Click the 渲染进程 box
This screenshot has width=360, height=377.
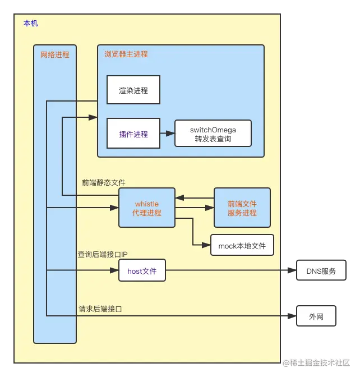coord(133,90)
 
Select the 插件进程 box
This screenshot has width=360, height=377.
coord(133,134)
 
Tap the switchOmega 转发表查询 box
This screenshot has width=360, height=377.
coord(213,134)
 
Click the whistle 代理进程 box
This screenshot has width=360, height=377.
coord(147,208)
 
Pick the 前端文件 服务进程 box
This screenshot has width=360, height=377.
coord(242,208)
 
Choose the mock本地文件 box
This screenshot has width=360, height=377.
coord(242,245)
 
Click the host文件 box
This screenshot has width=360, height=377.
coord(142,271)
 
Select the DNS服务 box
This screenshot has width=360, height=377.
coord(321,271)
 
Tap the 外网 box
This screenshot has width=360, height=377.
coord(316,316)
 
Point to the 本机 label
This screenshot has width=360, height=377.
coord(30,24)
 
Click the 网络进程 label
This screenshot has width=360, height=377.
coord(55,54)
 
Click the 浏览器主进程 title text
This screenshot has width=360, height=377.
coord(126,54)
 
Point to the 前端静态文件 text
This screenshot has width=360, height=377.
coord(104,182)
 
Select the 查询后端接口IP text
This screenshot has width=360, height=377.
coord(103,254)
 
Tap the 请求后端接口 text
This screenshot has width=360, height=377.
coord(100,309)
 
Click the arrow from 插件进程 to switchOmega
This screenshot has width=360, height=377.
coord(167,134)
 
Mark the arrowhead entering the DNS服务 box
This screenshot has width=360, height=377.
coord(291,271)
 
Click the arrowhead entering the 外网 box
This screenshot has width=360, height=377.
coord(291,316)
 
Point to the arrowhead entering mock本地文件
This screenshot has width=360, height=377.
coord(206,245)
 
